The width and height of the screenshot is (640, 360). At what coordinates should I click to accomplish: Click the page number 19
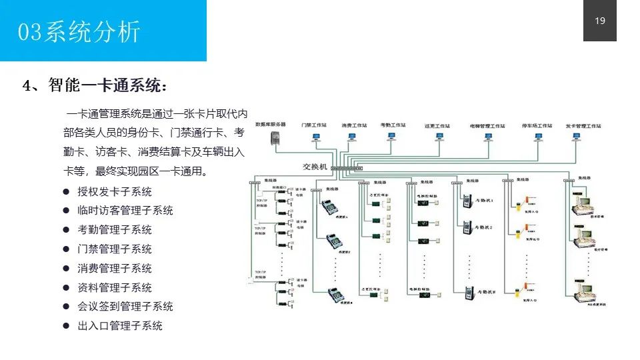click(599, 21)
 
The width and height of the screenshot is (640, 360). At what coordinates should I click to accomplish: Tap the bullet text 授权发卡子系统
click(115, 192)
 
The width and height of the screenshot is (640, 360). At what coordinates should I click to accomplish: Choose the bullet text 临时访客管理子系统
click(125, 211)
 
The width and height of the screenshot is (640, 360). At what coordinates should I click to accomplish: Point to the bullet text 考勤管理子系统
click(115, 230)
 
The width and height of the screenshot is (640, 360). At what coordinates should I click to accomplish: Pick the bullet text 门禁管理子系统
click(115, 249)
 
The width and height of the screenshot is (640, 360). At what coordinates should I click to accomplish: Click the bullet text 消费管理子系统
click(115, 269)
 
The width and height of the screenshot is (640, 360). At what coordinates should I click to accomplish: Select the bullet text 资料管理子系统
click(115, 288)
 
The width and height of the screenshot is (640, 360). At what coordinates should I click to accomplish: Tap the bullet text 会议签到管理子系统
click(125, 307)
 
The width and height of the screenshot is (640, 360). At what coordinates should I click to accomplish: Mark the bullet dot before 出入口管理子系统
click(67, 326)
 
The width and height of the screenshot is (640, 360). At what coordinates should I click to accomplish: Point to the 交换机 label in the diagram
click(315, 167)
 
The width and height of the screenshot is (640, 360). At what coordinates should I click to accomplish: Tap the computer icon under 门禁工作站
click(317, 138)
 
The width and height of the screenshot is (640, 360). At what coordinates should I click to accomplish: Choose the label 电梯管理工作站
click(487, 125)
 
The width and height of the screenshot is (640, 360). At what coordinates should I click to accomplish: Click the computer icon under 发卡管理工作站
click(575, 137)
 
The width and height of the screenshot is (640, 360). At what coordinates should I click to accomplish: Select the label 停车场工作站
click(537, 125)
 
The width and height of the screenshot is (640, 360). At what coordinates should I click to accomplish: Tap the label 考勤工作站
click(392, 125)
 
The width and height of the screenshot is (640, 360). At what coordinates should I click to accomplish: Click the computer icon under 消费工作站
click(354, 137)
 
